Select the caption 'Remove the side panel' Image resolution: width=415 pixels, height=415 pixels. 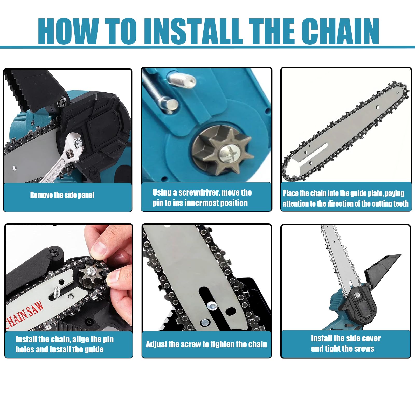click(62, 195)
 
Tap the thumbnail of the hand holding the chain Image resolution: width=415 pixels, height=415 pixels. click(69, 278)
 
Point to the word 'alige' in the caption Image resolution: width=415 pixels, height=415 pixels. click(81, 339)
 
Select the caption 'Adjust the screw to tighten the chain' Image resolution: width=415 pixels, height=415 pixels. click(206, 344)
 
